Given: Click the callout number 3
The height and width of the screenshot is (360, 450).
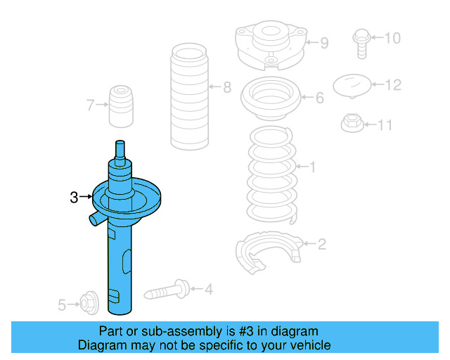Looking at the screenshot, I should tap(74, 198).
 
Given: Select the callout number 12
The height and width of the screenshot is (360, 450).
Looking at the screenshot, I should tap(393, 85).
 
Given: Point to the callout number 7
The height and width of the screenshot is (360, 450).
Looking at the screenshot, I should tap(90, 105).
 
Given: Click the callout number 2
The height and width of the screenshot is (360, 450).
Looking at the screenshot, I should tap(321, 245).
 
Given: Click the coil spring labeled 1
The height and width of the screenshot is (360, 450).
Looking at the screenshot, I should tap(271, 176).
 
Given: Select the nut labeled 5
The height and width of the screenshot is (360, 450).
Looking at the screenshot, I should tap(88, 303).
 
